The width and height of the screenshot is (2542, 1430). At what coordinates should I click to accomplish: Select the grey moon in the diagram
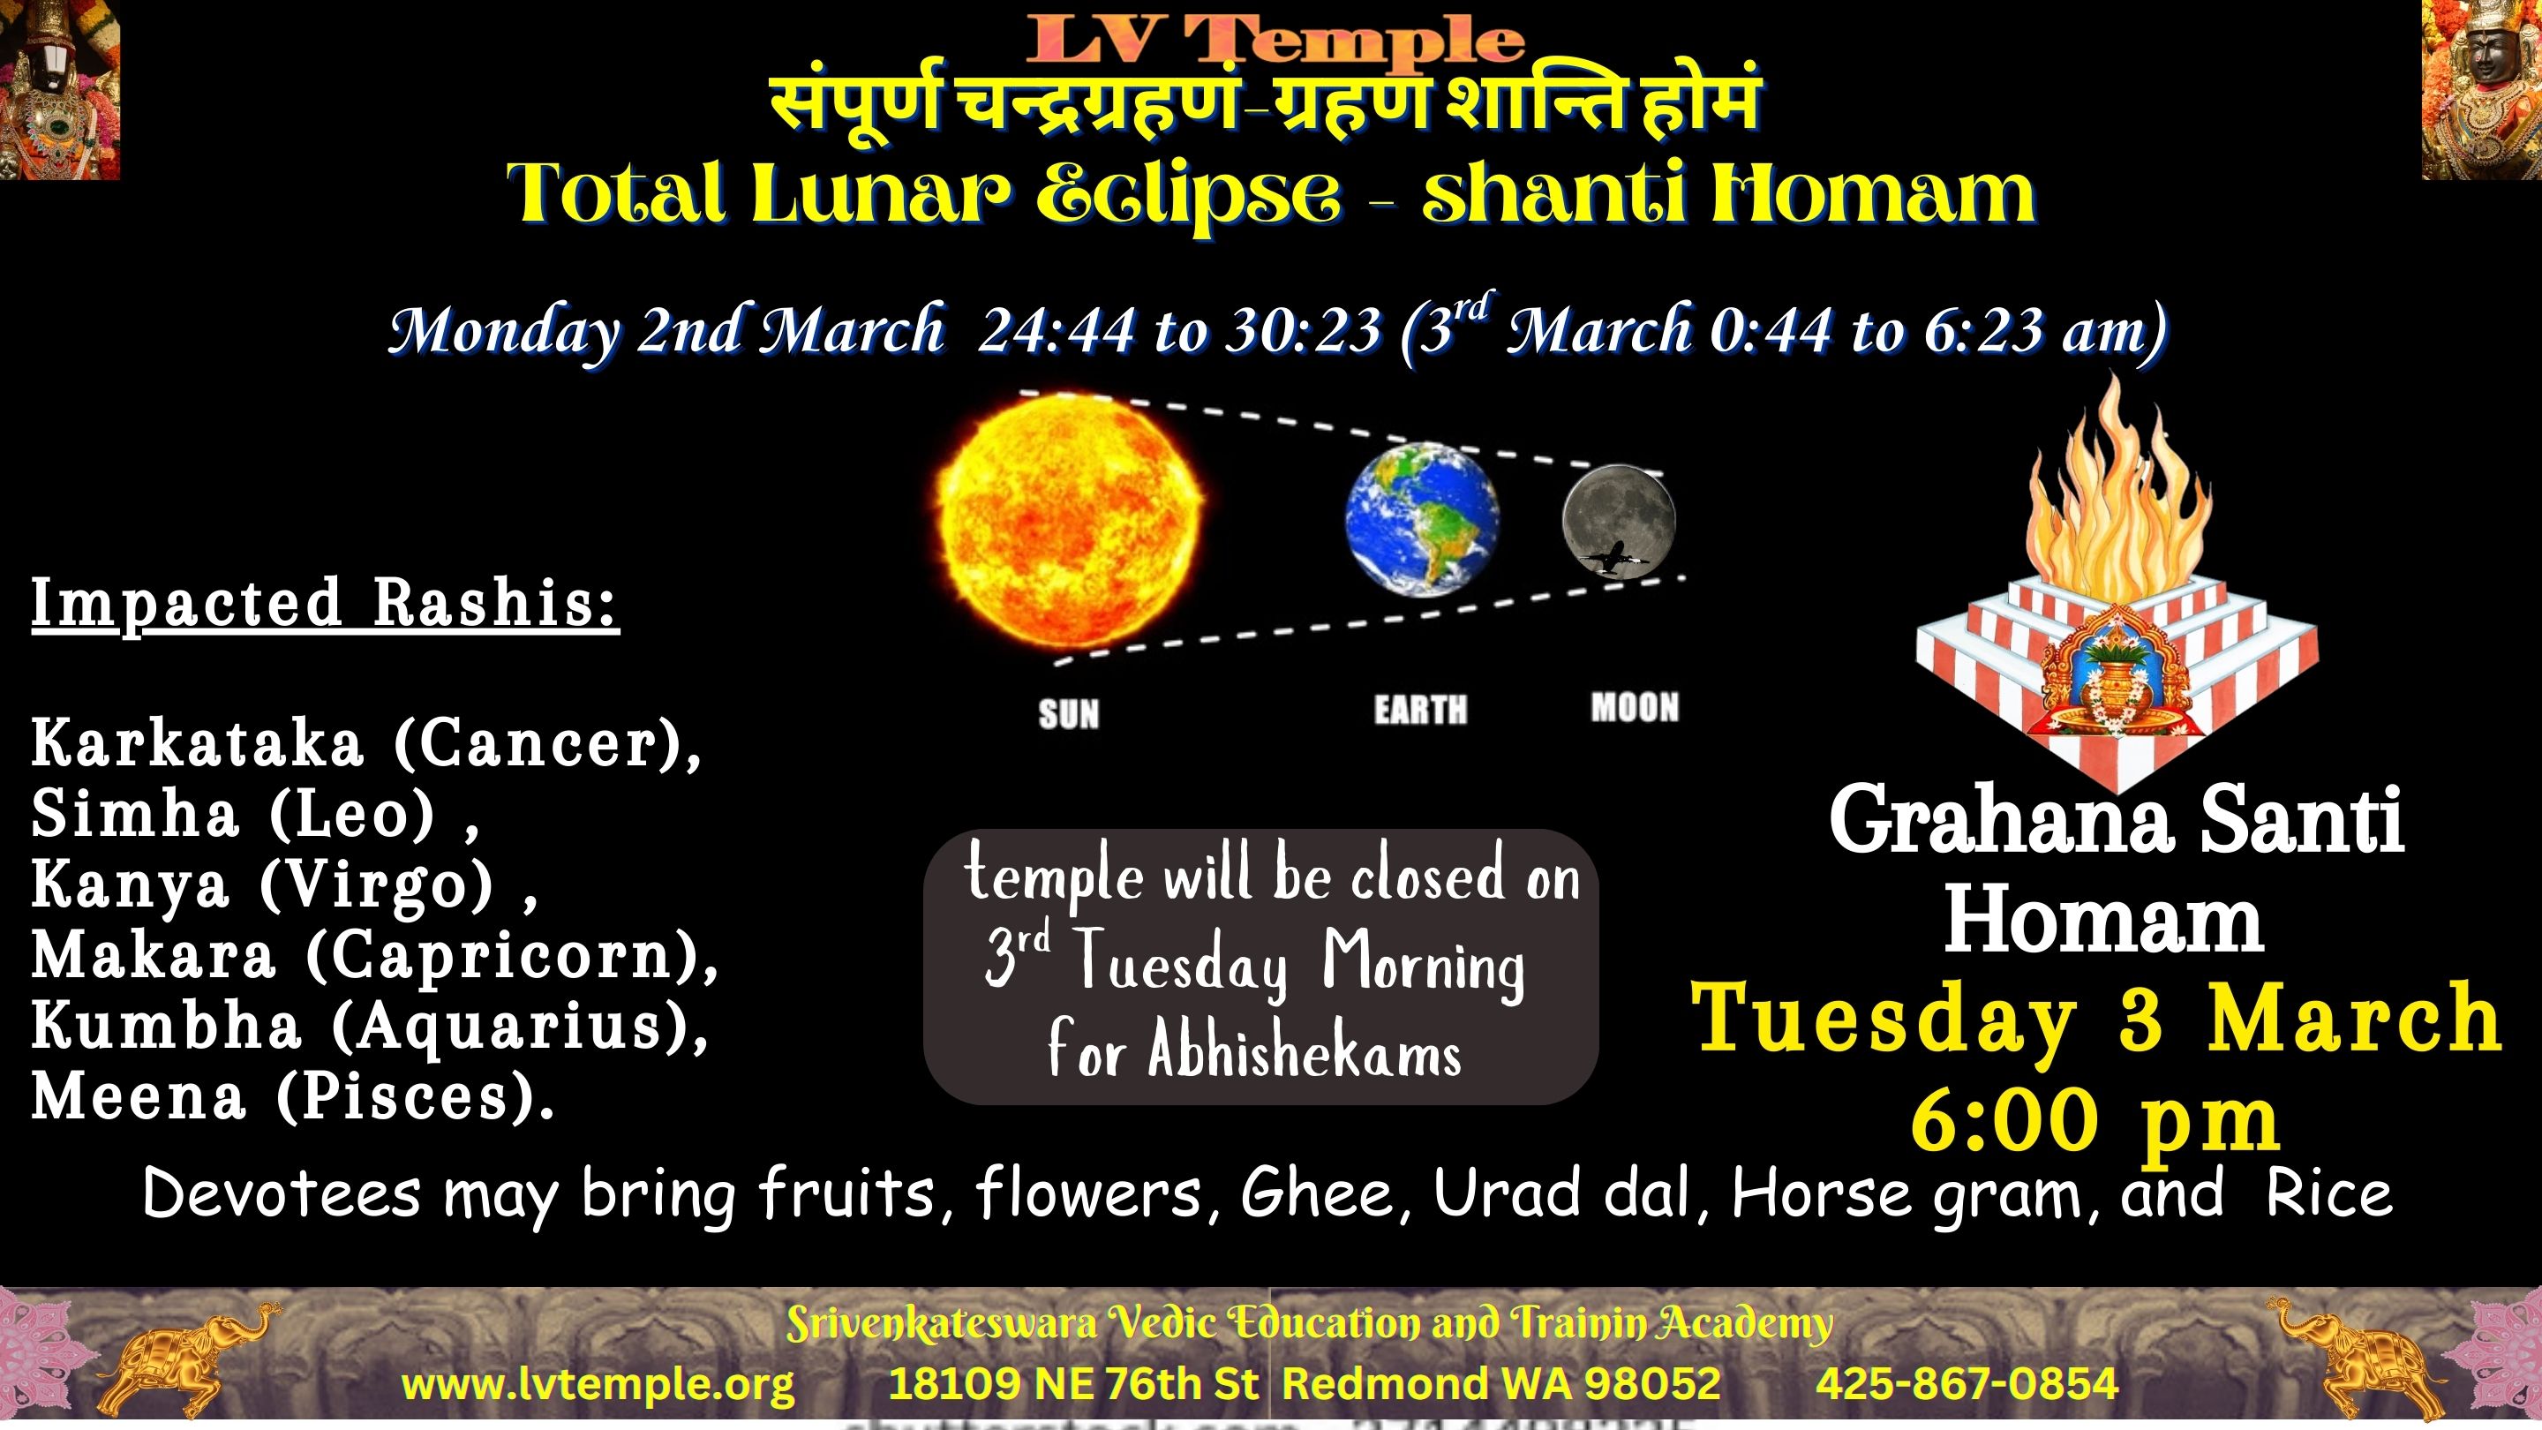(x=1619, y=520)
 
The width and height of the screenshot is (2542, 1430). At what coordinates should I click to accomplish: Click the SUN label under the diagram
(x=1069, y=713)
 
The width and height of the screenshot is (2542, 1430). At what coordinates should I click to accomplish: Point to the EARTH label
(x=1421, y=710)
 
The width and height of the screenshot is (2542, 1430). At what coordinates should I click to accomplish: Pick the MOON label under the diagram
(x=1634, y=706)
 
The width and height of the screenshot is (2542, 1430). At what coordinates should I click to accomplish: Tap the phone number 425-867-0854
(x=1967, y=1382)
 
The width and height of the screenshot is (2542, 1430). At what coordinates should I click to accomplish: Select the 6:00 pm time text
(x=2096, y=1120)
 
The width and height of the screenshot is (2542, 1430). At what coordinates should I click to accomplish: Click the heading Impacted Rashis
(x=326, y=603)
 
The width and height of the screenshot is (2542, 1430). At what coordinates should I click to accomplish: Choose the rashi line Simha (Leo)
(x=254, y=815)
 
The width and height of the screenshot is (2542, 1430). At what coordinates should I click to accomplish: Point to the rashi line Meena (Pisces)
(x=293, y=1097)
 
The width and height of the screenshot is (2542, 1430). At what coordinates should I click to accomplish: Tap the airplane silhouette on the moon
(x=1613, y=558)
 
